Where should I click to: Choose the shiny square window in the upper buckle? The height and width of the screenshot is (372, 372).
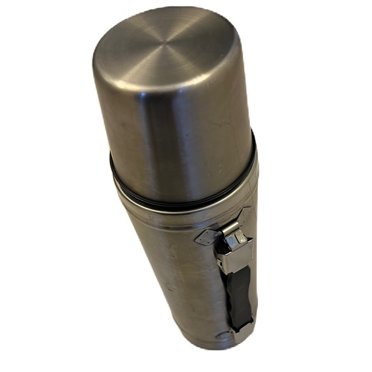239,239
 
